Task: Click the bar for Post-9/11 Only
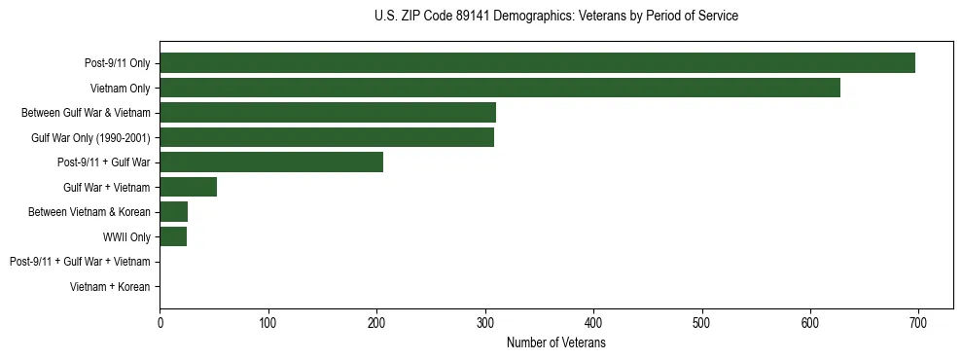coord(537,63)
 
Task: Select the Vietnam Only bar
coord(500,88)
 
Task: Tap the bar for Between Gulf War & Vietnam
coord(328,113)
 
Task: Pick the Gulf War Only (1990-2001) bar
coord(327,137)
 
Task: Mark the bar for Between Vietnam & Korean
coord(174,212)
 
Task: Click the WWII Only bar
coord(173,236)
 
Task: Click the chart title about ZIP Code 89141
coord(555,17)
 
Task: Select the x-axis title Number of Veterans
coord(555,342)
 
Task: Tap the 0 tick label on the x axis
coord(160,323)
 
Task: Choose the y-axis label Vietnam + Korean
coord(110,287)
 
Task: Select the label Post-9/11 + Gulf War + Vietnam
coord(80,262)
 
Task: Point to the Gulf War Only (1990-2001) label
coord(90,137)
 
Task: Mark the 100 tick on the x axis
coord(268,323)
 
